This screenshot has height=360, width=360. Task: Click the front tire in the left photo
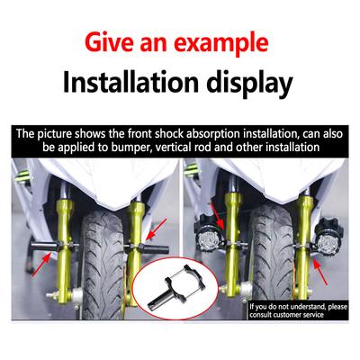(x=100, y=252)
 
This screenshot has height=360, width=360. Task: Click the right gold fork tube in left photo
(x=136, y=243)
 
